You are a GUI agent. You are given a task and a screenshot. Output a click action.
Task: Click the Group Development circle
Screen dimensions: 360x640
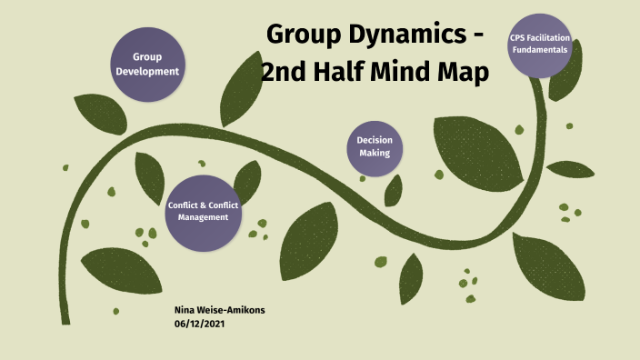point(148,63)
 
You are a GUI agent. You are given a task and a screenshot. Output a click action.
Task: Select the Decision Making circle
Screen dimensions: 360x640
point(374,148)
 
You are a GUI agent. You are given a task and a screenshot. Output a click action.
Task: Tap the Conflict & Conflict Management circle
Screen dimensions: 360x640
point(203,213)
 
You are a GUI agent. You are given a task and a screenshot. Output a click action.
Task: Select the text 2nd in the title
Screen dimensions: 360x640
point(283,72)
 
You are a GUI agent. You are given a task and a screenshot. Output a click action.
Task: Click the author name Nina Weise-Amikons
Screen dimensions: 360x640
point(219,310)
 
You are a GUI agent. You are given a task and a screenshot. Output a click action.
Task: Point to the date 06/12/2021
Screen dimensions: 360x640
point(199,324)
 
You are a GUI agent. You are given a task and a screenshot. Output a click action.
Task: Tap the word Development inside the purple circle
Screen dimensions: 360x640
point(148,71)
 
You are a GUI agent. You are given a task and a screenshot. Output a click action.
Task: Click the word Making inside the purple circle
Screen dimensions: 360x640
point(374,154)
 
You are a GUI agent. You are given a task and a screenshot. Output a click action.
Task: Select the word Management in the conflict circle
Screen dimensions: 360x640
point(203,218)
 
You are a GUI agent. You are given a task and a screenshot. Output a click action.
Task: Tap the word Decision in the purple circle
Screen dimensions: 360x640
point(374,141)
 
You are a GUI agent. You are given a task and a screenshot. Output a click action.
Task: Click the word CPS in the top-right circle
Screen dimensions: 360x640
point(518,38)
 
